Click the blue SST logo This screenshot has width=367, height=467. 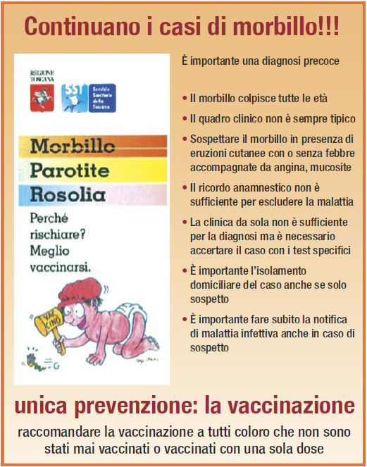click(x=70, y=98)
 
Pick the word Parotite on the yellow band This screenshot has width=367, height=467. click(x=70, y=170)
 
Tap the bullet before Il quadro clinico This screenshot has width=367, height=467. click(x=184, y=119)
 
